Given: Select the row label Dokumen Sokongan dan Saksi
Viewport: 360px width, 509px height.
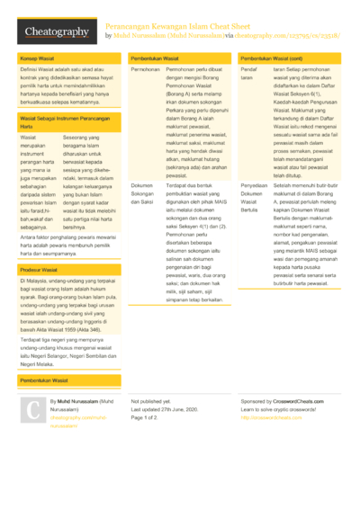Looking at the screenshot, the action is coord(144,192).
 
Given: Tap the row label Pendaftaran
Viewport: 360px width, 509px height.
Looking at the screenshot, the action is coord(249,74).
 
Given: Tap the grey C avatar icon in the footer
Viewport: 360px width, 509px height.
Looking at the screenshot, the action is coord(32,408).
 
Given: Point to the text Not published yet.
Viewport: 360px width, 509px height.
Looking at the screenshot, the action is coord(150,401).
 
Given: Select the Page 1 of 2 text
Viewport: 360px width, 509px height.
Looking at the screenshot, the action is coord(144,417).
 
